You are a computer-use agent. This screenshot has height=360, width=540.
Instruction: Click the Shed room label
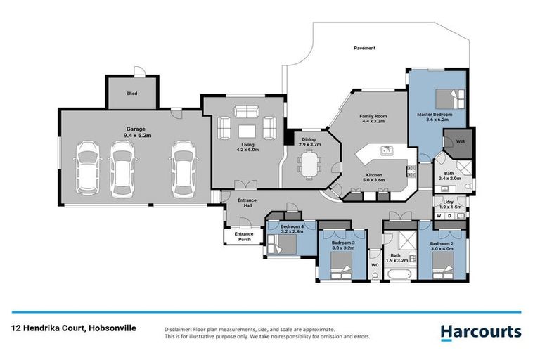(x=131, y=93)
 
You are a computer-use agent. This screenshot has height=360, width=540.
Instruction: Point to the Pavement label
(x=364, y=48)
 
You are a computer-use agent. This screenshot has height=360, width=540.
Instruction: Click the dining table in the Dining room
(x=308, y=164)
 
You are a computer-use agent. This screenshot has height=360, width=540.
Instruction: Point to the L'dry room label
(x=447, y=204)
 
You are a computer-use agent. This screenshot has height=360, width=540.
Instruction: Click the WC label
(x=375, y=266)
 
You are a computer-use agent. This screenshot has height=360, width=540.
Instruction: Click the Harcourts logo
(x=480, y=330)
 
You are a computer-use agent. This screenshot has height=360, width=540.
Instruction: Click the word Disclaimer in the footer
(x=178, y=329)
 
